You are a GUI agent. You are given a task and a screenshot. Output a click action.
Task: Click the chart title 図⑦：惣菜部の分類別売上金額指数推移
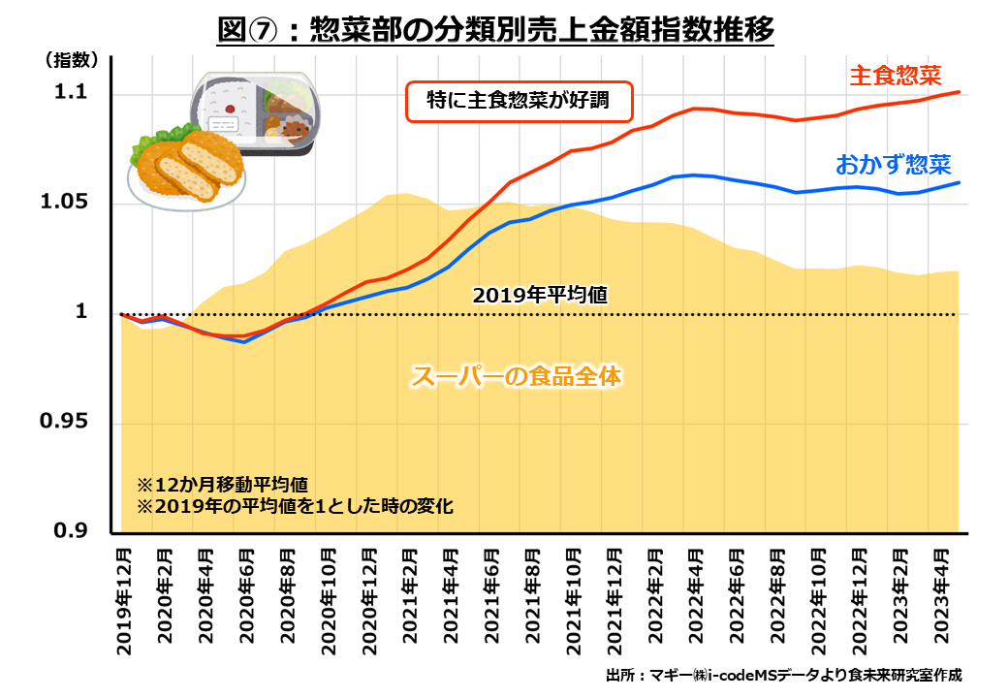tap(496, 31)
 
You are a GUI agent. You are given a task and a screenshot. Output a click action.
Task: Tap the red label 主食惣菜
tap(897, 74)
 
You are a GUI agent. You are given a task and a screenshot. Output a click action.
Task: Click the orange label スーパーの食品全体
tap(515, 375)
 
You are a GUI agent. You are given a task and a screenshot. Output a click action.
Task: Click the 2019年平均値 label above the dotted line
tap(540, 295)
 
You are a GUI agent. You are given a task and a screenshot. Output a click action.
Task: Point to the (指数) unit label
tap(71, 59)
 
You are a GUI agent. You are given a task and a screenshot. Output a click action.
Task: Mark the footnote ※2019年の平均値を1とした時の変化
tap(294, 506)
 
